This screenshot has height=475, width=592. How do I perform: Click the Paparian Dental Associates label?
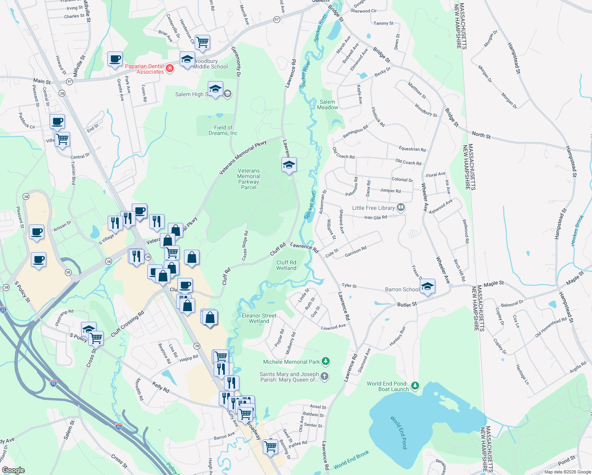click(144, 69)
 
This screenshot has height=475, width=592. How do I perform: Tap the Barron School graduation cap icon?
click(427, 286)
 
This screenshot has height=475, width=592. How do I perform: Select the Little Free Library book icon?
click(400, 207)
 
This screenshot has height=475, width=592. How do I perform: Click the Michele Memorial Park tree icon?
click(325, 361)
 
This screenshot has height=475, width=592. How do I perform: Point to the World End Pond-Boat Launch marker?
click(415, 385)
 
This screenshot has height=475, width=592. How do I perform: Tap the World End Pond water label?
click(398, 432)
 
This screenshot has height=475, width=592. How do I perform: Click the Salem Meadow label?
click(327, 104)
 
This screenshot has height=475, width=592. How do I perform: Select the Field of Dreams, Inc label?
click(223, 130)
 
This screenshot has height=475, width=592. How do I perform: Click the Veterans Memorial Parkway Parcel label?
click(249, 179)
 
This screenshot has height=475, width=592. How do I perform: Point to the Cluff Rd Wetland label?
click(286, 265)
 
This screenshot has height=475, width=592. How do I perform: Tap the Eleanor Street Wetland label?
click(259, 318)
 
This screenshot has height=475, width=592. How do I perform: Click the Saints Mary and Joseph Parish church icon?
click(324, 376)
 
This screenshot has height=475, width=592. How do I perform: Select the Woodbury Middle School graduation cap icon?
click(187, 59)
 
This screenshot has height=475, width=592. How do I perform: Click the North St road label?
click(481, 135)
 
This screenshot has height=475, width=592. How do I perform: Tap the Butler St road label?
click(407, 304)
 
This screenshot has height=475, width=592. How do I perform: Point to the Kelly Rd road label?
click(161, 387)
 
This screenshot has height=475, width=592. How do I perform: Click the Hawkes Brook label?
click(577, 230)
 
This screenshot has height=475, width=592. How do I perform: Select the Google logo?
click(13, 470)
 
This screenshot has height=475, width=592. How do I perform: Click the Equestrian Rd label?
click(412, 149)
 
